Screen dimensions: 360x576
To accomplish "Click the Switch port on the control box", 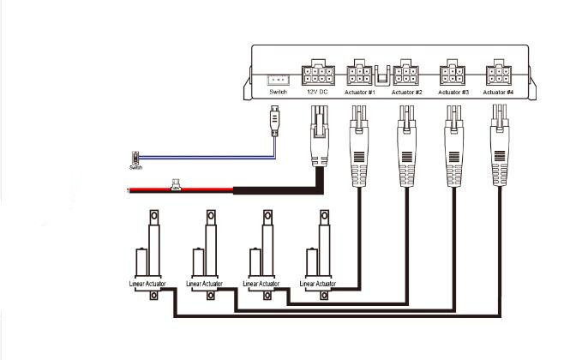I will coord(277,77).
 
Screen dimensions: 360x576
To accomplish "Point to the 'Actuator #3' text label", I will coord(453,92).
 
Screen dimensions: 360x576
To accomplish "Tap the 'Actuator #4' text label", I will coord(499,92).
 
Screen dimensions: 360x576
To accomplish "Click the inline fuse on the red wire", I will coord(175,184).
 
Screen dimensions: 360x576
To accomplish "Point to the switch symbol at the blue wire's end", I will coord(135,159).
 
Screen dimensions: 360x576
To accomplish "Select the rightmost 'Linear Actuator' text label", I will coord(316,283).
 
